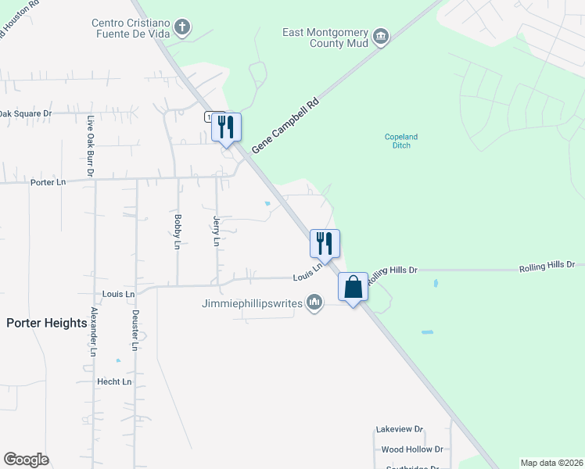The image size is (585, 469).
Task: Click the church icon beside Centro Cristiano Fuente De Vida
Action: [182, 29]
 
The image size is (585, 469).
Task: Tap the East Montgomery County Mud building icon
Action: [381, 37]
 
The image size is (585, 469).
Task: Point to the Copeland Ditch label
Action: [400, 141]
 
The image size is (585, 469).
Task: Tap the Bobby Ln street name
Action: [178, 231]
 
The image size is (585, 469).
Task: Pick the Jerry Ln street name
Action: [216, 232]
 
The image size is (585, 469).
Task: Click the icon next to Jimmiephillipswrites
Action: [314, 301]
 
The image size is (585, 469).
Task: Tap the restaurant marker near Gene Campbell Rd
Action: [226, 127]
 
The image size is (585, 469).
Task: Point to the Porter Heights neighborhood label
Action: [47, 323]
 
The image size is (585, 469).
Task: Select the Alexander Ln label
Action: [92, 332]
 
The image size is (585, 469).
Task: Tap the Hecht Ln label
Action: [114, 381]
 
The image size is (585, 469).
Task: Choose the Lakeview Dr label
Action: [399, 429]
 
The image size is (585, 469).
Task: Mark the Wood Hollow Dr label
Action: [411, 449]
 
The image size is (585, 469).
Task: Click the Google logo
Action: [26, 460]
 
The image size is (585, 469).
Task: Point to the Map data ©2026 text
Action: [551, 463]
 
